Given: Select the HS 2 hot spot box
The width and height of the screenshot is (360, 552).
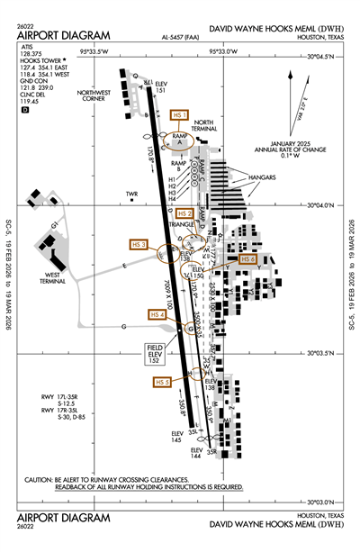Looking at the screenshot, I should [184, 213].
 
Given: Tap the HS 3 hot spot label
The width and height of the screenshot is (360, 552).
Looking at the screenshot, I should [139, 244].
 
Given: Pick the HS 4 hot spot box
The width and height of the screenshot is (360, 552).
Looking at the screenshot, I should [157, 314].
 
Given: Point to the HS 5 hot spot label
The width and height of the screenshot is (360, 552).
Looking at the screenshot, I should [162, 382].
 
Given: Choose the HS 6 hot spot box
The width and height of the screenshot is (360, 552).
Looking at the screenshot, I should [247, 258].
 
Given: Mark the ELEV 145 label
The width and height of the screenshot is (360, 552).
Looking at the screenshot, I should [177, 437].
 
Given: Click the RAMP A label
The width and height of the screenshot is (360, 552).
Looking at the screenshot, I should [177, 139].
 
